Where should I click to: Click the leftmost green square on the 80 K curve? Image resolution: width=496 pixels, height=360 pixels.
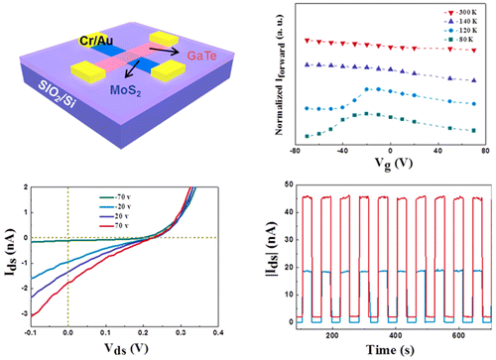(x=307, y=137)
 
